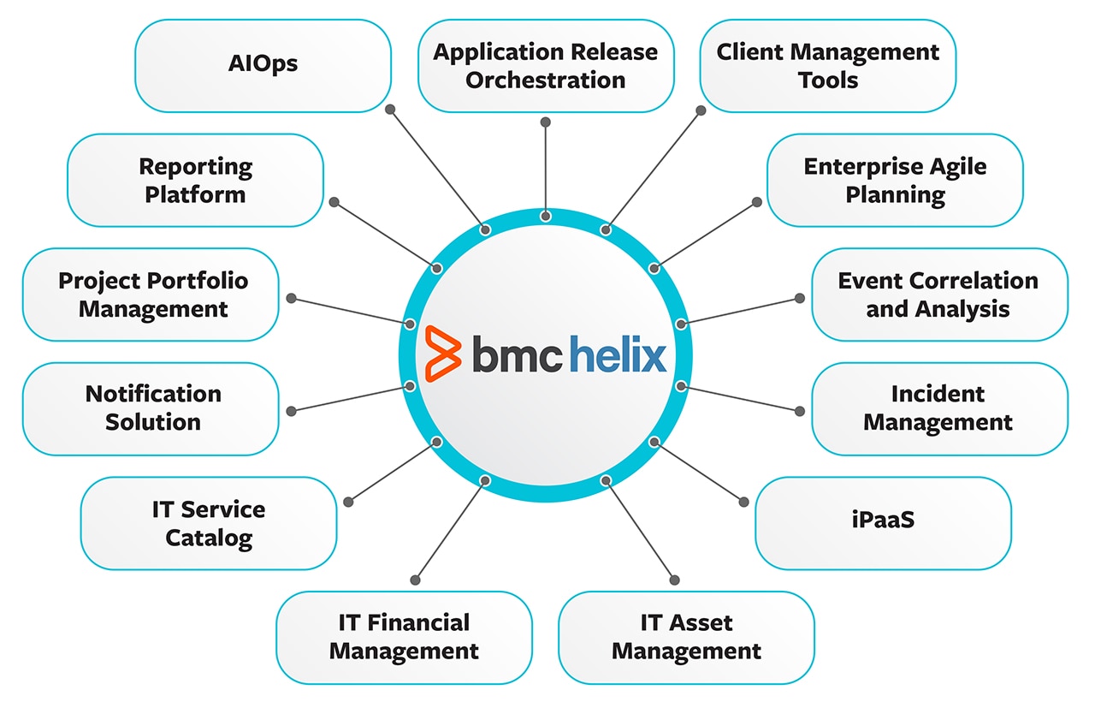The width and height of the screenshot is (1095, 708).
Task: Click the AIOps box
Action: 263,66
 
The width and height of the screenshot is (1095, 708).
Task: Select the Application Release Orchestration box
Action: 546,66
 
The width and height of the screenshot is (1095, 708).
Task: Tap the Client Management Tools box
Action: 827,66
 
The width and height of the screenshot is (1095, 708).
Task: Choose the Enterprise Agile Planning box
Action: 895,180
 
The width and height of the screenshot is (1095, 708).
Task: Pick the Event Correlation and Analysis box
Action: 938,295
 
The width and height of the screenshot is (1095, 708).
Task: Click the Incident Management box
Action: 938,408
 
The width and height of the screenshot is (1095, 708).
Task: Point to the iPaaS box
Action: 883,522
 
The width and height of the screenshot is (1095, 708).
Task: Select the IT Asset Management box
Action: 686,637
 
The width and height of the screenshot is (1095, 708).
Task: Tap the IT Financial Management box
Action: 404,637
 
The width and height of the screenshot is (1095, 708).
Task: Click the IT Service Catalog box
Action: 209,522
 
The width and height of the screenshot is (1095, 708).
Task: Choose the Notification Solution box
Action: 151,408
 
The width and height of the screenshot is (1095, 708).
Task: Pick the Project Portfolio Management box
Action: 151,295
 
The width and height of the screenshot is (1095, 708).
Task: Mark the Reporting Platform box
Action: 196,180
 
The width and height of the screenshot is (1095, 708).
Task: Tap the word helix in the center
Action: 618,353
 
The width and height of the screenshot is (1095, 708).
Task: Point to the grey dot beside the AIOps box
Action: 390,110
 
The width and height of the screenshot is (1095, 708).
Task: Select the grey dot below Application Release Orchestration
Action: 546,122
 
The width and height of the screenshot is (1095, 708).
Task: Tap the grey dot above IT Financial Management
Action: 417,580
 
